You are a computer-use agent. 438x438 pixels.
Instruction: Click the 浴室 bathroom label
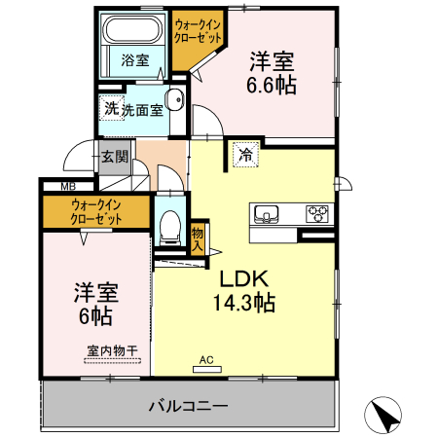(135, 60)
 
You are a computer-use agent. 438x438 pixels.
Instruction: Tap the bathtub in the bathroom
(135, 29)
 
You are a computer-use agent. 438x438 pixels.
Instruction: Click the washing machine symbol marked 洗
(111, 109)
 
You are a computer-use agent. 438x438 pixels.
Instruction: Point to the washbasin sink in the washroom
(176, 99)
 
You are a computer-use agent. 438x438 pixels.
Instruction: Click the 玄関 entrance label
(114, 156)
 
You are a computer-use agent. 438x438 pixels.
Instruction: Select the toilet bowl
(170, 227)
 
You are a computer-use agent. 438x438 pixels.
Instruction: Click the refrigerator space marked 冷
(245, 154)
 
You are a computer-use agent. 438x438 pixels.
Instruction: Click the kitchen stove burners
(317, 212)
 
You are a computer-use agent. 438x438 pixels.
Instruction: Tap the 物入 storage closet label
(198, 238)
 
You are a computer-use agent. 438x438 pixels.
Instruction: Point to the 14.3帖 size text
(244, 302)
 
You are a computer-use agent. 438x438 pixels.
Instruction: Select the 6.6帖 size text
(272, 85)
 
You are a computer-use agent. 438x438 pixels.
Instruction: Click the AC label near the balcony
(205, 359)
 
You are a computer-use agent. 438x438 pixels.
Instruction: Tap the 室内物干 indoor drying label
(110, 350)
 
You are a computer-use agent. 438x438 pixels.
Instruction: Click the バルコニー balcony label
(188, 405)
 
